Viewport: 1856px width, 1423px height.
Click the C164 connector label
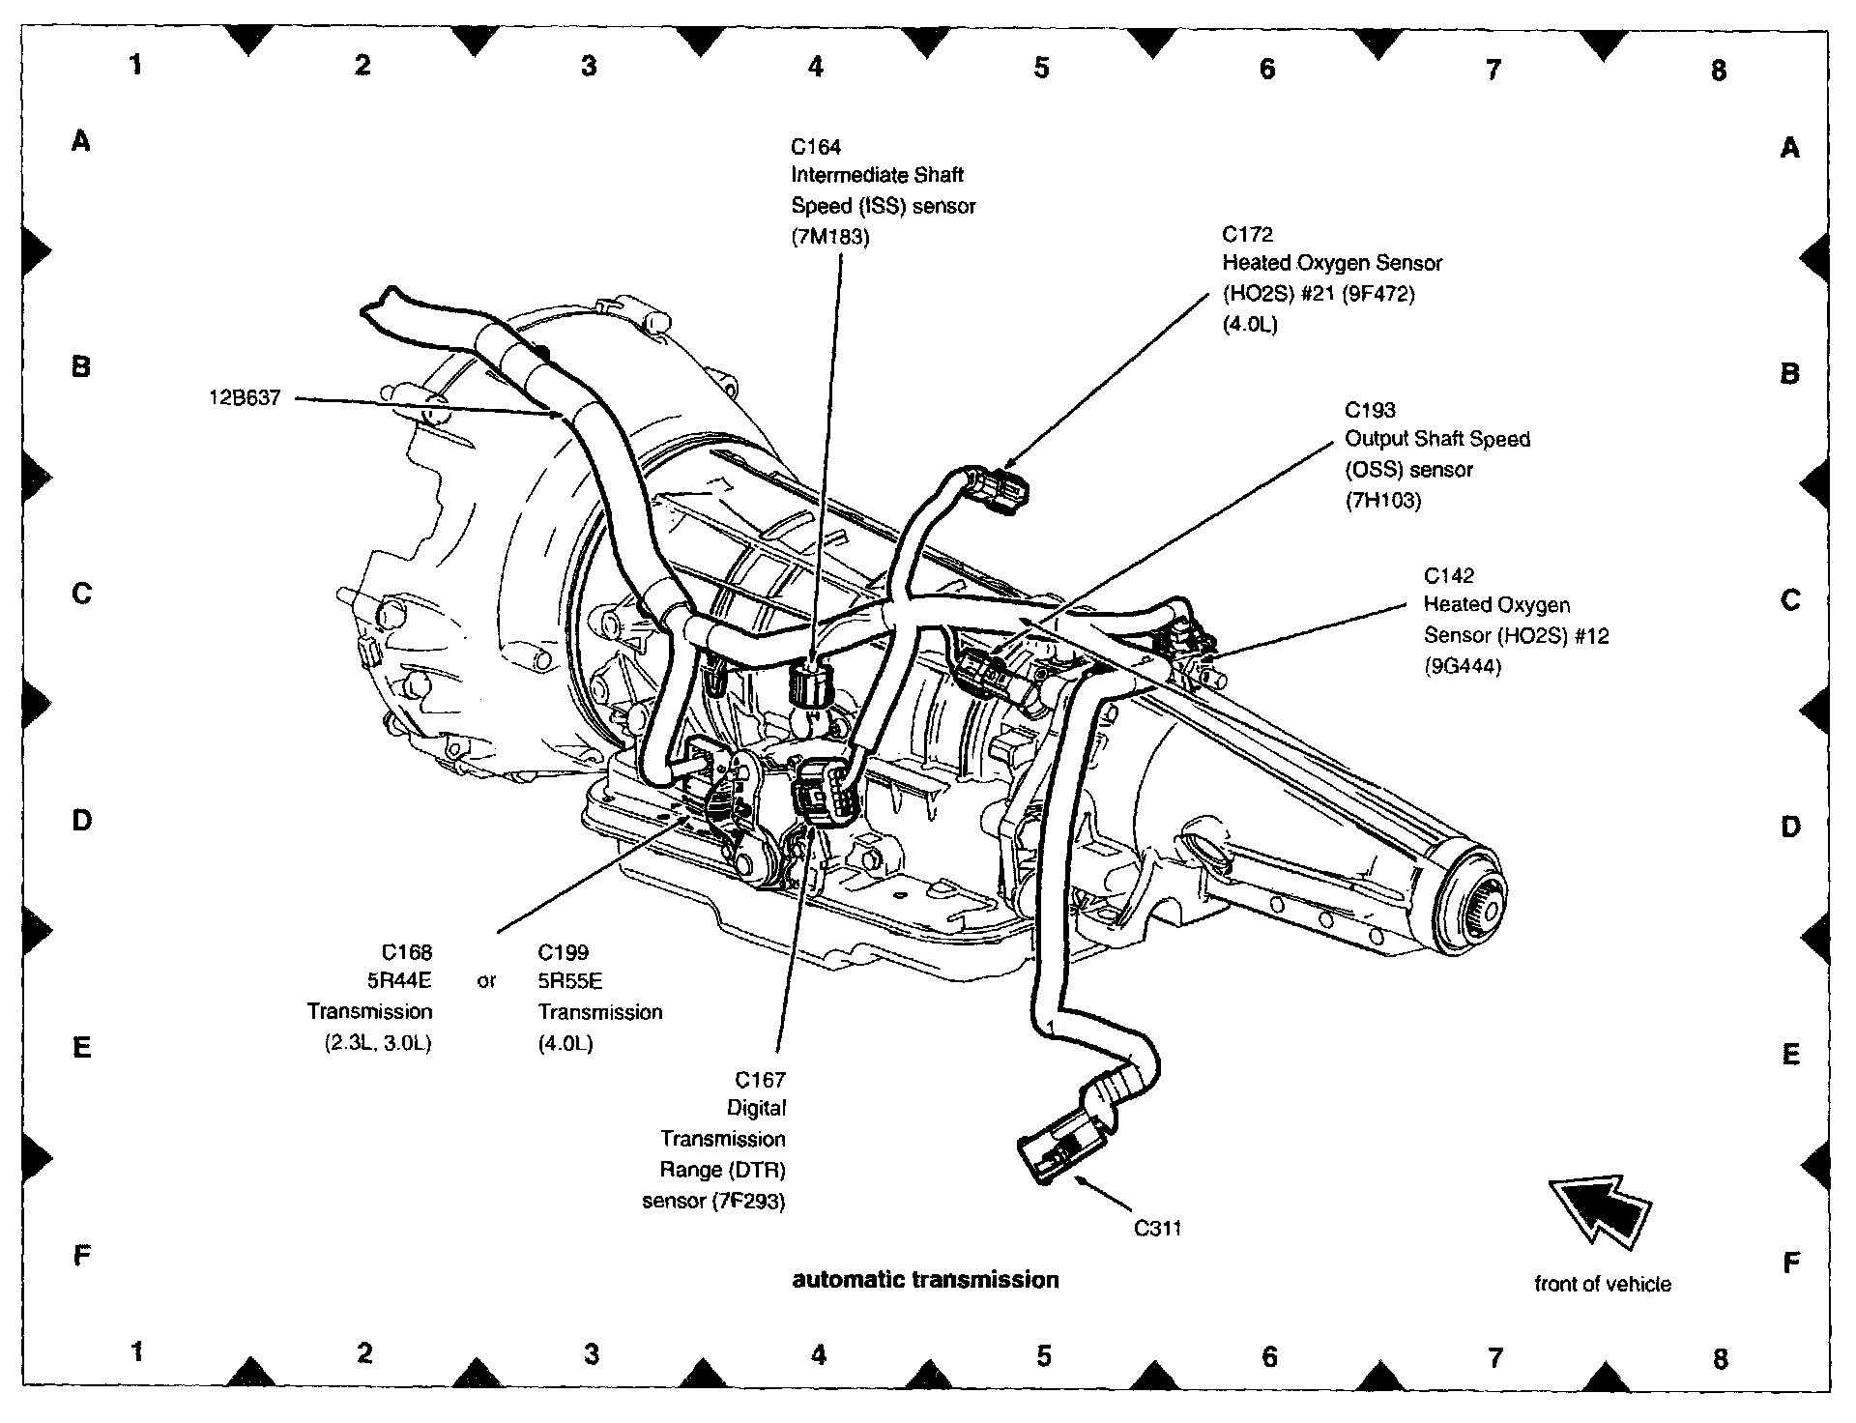click(x=816, y=147)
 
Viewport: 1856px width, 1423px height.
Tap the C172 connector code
click(x=1247, y=234)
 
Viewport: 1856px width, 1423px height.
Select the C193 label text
click(x=1370, y=410)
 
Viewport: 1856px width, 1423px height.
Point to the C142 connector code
click(x=1448, y=576)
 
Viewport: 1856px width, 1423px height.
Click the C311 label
click(x=1157, y=1229)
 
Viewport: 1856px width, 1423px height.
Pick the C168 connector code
click(x=407, y=952)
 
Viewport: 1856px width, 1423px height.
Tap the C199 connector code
click(x=563, y=952)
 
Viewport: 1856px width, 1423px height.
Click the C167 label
click(x=760, y=1079)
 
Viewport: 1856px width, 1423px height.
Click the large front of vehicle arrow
click(x=1600, y=1207)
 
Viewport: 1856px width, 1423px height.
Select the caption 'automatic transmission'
click(x=925, y=1280)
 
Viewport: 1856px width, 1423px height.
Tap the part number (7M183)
click(x=830, y=237)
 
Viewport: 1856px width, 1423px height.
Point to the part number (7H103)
click(x=1383, y=501)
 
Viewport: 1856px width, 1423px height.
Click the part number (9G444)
click(x=1463, y=666)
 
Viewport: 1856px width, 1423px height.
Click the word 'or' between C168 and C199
click(x=486, y=981)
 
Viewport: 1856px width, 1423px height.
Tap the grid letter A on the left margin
click(x=81, y=142)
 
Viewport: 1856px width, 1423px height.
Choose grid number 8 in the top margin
click(x=1718, y=70)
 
